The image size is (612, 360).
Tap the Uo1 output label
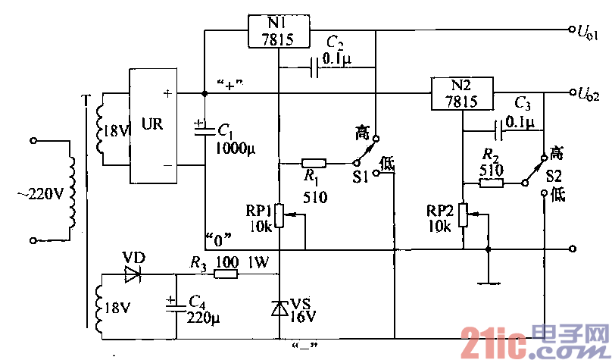coord(589,33)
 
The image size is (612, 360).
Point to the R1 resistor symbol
coord(314,163)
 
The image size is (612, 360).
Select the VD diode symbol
coord(133,274)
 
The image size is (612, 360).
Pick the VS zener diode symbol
coord(279,307)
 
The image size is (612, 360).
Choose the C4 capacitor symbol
coord(176,304)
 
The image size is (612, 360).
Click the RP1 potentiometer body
coord(279,215)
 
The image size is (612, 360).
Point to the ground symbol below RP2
coord(489,282)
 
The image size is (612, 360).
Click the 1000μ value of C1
coord(236,148)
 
